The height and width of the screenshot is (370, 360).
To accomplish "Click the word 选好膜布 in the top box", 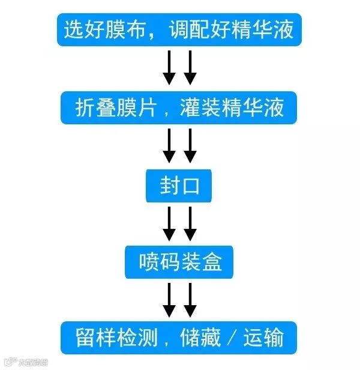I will (x=102, y=28).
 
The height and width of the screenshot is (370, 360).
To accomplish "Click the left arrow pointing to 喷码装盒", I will (x=169, y=223).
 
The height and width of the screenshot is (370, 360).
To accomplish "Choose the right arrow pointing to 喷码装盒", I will (x=190, y=223).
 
